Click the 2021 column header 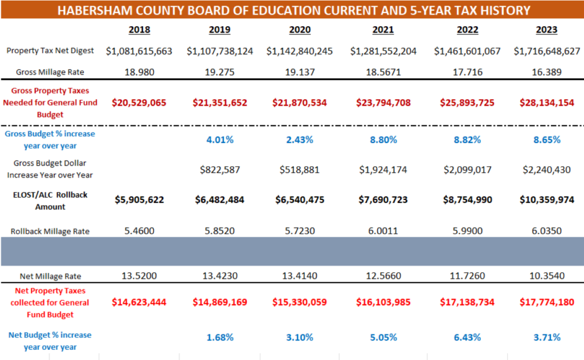point(383,30)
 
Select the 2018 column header point(139,30)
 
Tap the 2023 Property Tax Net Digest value point(546,51)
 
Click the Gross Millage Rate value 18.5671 point(383,72)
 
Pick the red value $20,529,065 point(139,103)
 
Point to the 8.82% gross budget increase point(467,140)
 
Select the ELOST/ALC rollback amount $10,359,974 point(546,200)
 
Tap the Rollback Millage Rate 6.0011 point(383,231)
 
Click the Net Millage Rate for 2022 point(467,276)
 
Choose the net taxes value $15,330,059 point(300,302)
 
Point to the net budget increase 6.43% point(467,337)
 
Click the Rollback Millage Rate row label point(50,231)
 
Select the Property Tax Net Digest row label point(50,51)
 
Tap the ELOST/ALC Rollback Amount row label point(50,201)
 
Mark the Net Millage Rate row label point(50,276)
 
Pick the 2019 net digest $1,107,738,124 point(220,51)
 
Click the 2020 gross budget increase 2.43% point(300,140)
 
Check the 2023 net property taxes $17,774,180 point(546,302)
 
